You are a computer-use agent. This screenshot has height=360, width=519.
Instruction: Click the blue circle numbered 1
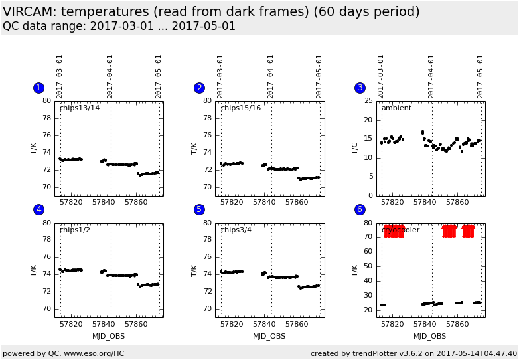38,88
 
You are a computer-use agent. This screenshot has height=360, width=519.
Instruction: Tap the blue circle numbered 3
360,88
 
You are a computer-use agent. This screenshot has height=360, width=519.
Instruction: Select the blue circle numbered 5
199,209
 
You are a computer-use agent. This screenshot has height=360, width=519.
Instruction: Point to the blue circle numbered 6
360,209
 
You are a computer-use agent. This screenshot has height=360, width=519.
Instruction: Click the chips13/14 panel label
80,108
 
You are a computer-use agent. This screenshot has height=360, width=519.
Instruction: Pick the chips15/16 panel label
240,108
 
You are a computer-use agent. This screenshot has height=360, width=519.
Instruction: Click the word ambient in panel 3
396,108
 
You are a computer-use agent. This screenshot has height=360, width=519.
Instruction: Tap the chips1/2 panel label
75,230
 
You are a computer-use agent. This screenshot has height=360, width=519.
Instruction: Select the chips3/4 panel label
236,230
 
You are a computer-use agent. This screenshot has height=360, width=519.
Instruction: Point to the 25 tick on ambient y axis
369,101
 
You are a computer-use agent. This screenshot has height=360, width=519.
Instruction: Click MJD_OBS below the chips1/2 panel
109,336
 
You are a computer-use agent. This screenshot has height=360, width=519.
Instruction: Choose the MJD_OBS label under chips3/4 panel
269,336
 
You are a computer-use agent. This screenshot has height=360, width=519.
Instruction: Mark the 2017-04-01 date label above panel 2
271,76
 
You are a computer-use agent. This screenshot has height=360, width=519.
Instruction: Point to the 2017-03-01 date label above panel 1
60,76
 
